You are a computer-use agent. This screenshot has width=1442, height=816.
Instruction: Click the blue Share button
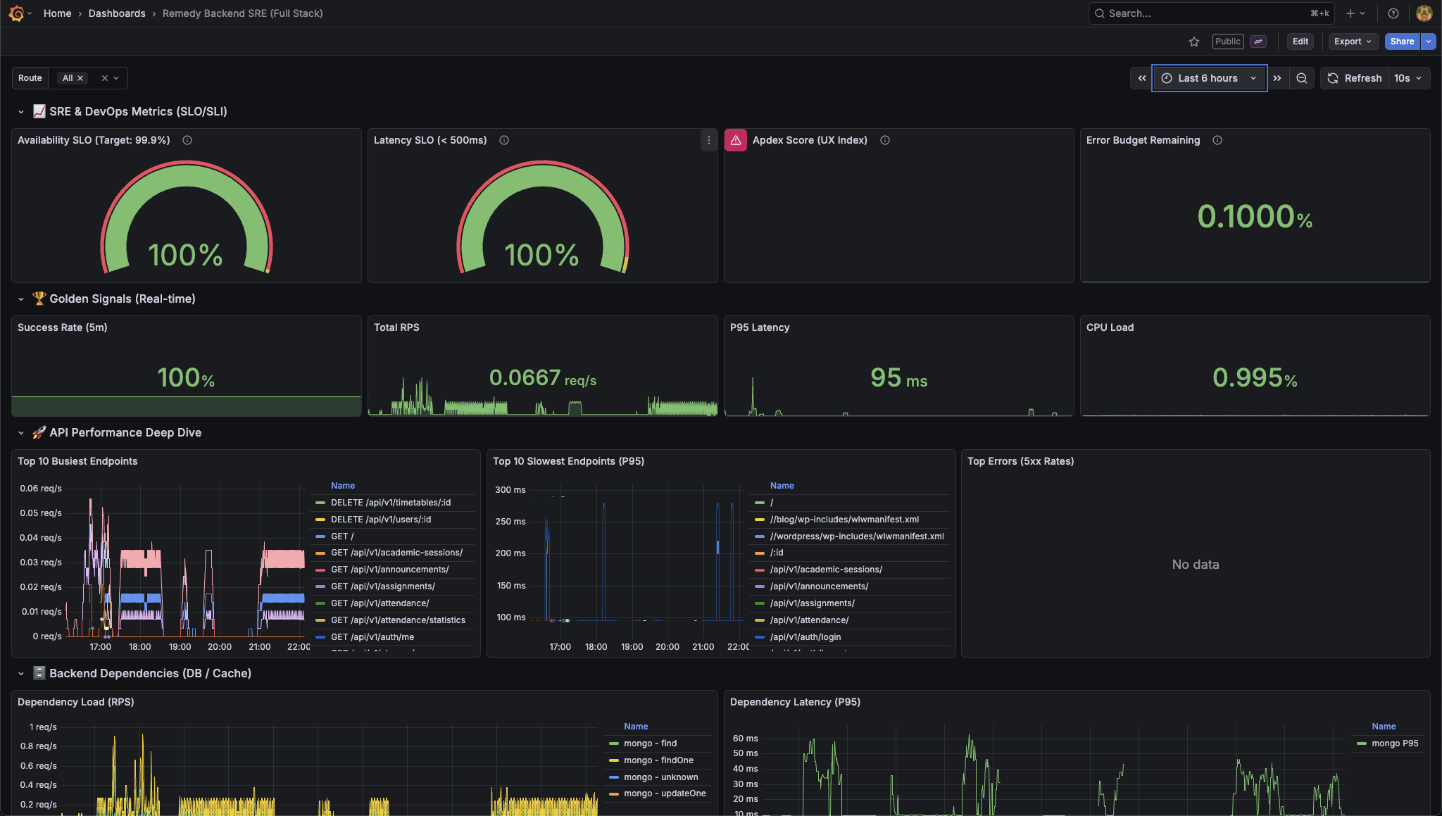1401,42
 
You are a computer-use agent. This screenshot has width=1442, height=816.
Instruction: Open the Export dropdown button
1352,42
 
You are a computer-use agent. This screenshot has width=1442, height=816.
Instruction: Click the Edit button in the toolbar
1300,42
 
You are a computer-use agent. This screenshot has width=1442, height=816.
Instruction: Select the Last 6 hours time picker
1208,78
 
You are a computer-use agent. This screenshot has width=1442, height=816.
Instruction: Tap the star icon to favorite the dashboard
1193,42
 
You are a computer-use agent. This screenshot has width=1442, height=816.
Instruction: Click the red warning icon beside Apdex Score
735,140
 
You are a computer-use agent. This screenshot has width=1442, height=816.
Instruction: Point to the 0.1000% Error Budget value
1254,216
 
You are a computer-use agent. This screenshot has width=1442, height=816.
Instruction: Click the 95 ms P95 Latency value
898,378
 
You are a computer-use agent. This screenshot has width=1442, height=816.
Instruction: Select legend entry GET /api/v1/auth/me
372,637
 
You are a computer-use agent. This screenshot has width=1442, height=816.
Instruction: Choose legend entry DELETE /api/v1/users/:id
381,520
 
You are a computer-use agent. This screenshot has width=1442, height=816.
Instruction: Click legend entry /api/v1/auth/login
805,637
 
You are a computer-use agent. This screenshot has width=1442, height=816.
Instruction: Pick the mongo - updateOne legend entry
664,793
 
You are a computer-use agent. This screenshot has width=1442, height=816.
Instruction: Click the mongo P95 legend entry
1394,743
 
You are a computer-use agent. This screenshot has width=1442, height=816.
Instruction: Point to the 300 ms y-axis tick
510,490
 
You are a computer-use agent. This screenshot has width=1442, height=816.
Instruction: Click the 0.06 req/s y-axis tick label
41,489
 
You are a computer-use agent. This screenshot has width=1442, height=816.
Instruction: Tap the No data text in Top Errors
1195,565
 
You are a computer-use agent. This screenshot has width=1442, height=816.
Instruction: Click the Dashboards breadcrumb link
117,13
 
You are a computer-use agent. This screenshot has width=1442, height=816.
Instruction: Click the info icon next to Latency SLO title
504,140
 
